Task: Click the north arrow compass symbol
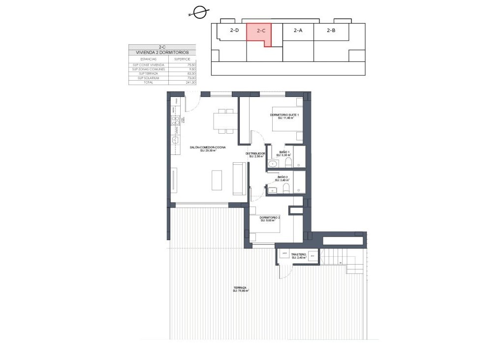(199, 13)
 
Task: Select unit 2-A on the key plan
(298, 30)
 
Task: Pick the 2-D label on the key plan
(234, 30)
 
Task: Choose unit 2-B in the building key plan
(331, 30)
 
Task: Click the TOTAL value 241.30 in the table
(177, 83)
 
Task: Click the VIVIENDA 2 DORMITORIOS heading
(158, 52)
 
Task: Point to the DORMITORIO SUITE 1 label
(284, 116)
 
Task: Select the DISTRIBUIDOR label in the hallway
(255, 154)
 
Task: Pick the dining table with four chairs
(225, 121)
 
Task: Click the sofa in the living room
(239, 180)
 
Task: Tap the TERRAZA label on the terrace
(240, 289)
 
